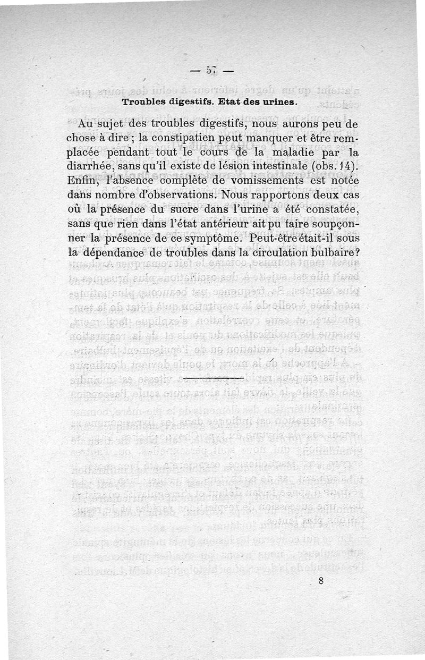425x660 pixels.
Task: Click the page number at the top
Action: coord(212,71)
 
